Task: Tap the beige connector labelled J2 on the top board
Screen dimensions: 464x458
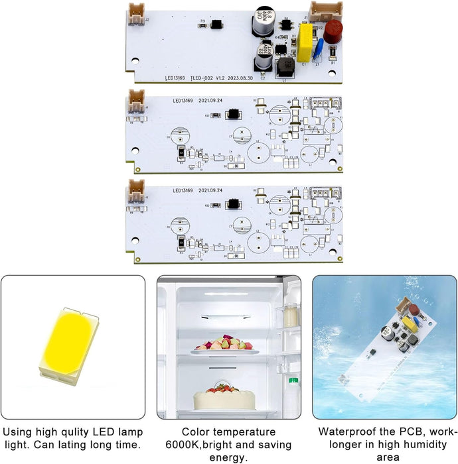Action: (135, 11)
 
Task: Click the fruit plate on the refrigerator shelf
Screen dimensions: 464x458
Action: (224, 345)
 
